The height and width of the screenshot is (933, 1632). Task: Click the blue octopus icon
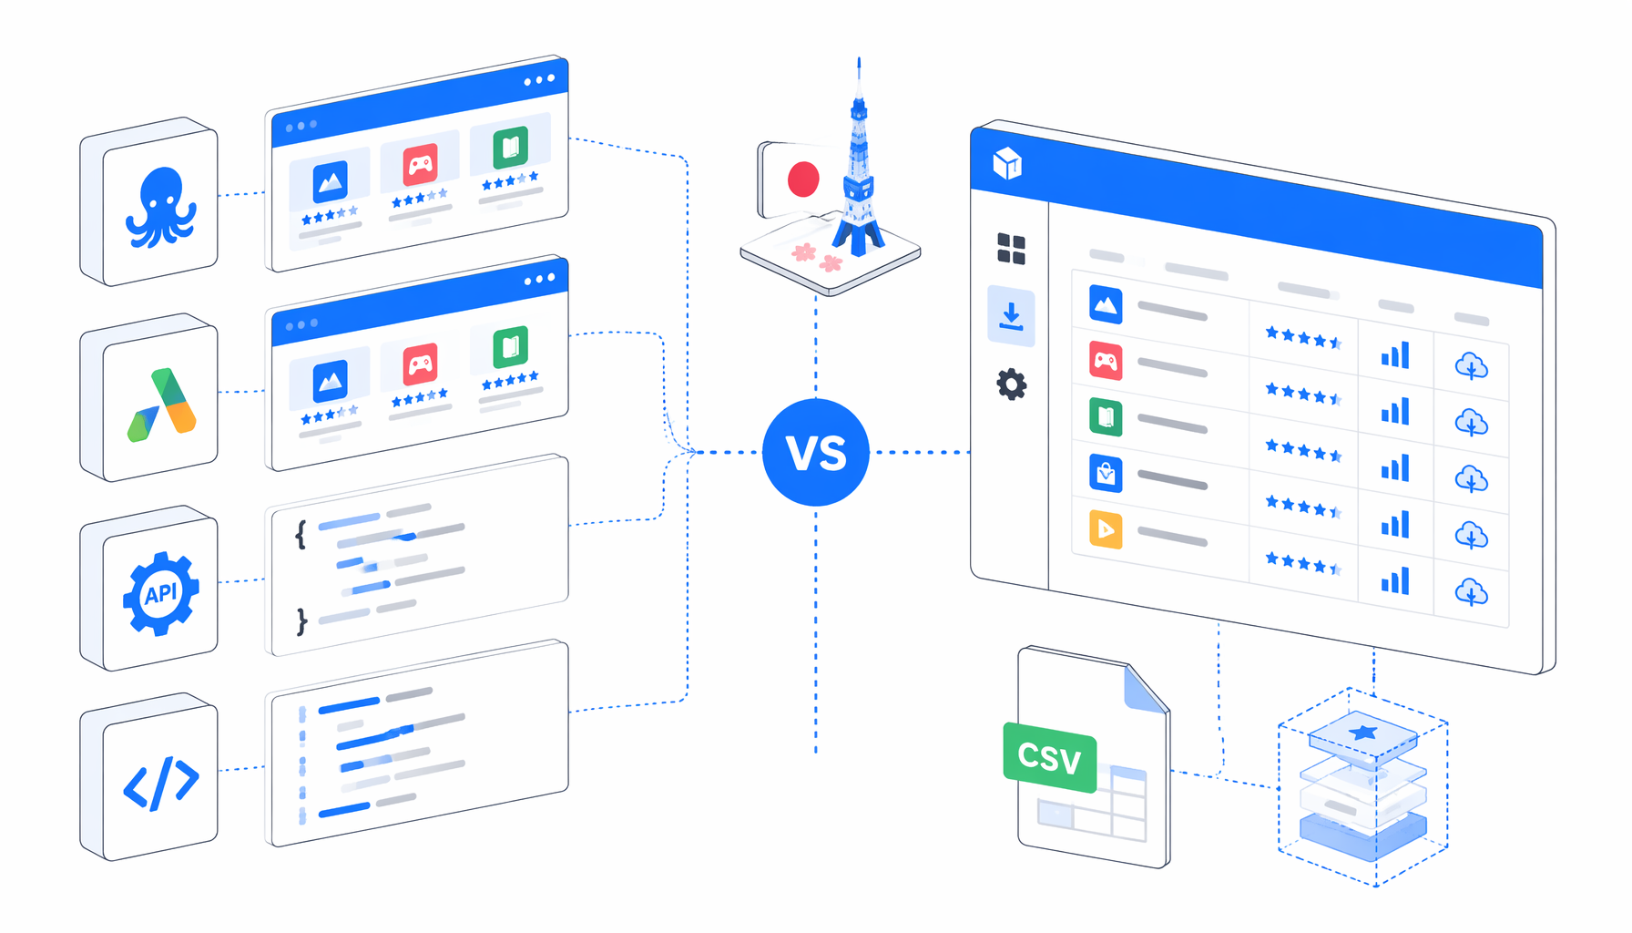(161, 208)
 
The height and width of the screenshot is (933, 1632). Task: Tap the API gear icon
(161, 593)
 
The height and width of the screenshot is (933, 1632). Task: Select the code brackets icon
(161, 782)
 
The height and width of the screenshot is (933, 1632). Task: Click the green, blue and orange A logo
(162, 405)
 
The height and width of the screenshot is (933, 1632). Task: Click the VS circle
(816, 452)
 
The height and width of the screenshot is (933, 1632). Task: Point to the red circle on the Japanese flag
(803, 179)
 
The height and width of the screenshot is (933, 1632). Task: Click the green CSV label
(1050, 757)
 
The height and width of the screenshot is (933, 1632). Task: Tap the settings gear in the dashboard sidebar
(1012, 384)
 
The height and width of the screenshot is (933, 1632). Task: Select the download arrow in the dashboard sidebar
(1011, 316)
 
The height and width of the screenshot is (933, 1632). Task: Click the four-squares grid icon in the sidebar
(1011, 249)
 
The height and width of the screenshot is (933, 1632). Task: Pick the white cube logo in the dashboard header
(1007, 164)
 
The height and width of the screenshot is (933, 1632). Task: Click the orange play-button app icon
(1106, 529)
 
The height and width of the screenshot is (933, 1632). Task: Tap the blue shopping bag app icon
(1106, 473)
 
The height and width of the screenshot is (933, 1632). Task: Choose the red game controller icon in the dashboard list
(1106, 361)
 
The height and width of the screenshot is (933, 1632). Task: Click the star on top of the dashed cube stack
(1363, 732)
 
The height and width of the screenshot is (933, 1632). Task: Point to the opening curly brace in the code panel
(301, 535)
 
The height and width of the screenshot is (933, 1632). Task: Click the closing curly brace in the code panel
(301, 621)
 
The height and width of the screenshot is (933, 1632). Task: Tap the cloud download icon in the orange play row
(1471, 537)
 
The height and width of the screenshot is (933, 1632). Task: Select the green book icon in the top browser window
(511, 147)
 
